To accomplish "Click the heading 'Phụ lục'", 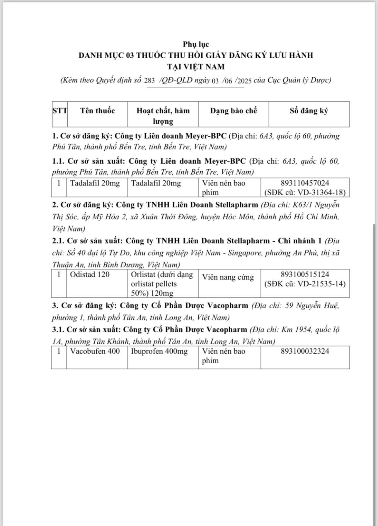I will coord(196,44).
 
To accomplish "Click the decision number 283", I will coord(149,81).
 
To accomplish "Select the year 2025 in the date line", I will coord(244,81).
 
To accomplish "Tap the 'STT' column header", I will coord(60,111).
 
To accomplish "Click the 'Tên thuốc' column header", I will coord(97,111).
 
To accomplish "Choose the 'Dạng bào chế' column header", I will coord(233,111).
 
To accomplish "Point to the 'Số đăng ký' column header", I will coord(309,111).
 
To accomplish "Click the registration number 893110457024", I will coord(305,183).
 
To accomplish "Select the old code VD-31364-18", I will coord(321,192).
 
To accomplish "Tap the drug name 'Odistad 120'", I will coord(90,274).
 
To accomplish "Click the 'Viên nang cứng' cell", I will coord(228,277).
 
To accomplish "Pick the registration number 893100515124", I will coord(305,274).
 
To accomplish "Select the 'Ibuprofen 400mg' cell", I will coord(159,351).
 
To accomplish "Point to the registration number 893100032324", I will coord(305,351).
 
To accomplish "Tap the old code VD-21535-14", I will coord(321,284).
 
